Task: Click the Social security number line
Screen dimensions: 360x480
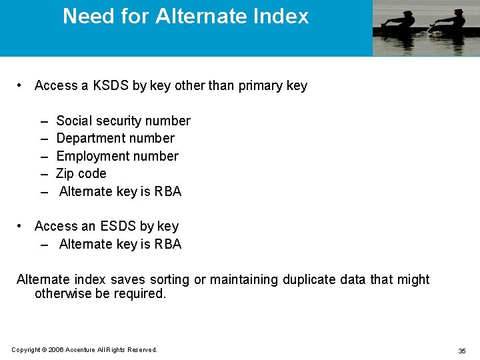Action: [x=123, y=121]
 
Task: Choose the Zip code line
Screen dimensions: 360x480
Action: [x=81, y=173]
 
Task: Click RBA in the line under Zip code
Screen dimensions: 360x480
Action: [x=168, y=191]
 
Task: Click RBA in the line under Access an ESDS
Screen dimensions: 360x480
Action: [x=168, y=244]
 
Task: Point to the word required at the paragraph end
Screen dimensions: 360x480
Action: [x=140, y=293]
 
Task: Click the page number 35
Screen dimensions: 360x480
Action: [x=461, y=351]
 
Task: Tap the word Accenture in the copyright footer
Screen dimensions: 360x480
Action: [x=81, y=350]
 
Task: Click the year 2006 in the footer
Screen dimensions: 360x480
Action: [x=55, y=350]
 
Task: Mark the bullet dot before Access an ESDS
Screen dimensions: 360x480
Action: [x=21, y=226]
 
